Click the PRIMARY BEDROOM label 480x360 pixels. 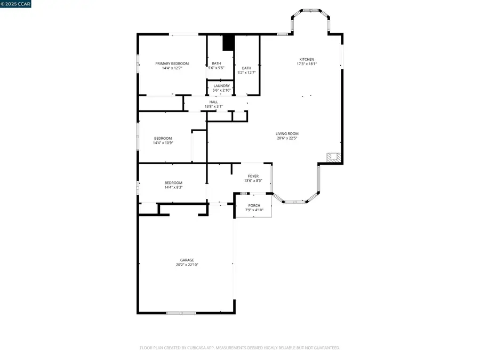[172, 63]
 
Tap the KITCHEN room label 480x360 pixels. [306, 59]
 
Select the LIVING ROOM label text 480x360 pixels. [287, 133]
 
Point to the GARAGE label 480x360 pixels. [187, 260]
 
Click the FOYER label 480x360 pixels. [253, 176]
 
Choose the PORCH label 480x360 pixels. [254, 205]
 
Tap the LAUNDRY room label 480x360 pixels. [221, 85]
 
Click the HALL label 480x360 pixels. [213, 102]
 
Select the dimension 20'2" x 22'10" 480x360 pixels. [187, 265]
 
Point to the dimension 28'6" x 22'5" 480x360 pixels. [287, 138]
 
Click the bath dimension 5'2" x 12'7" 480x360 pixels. [246, 73]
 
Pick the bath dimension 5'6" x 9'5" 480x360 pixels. [216, 68]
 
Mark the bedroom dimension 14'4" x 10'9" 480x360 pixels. [163, 142]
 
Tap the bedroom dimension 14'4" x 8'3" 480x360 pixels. [173, 187]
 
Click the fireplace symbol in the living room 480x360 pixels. [333, 157]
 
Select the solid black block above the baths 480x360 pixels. [228, 43]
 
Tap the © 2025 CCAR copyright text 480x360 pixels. [16, 4]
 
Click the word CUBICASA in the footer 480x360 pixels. [198, 348]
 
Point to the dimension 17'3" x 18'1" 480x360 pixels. [306, 64]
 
